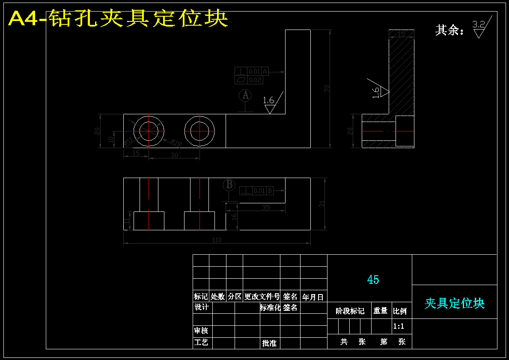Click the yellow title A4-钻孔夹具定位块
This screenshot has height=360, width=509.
[118, 18]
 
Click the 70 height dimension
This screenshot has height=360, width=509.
[327, 89]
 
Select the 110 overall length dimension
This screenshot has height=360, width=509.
[217, 240]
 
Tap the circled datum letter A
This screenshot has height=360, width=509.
[245, 95]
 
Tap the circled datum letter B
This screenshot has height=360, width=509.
[229, 185]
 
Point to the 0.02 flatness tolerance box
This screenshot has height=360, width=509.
[249, 80]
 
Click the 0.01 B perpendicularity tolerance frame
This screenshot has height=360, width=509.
[256, 191]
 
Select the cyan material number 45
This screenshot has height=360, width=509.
[373, 280]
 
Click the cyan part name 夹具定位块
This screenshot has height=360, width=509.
[454, 303]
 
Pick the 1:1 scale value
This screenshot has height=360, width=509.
[399, 326]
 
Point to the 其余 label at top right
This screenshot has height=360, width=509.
[449, 30]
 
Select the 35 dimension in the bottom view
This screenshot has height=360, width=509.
[265, 207]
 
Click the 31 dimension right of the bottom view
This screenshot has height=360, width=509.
[322, 204]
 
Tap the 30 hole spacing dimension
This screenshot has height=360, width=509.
[174, 155]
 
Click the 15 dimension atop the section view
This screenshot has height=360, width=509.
[401, 34]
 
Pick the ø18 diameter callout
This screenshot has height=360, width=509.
[176, 143]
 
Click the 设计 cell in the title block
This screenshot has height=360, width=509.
[202, 307]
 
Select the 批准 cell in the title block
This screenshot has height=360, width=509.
[269, 343]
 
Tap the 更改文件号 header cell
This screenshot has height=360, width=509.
[262, 296]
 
